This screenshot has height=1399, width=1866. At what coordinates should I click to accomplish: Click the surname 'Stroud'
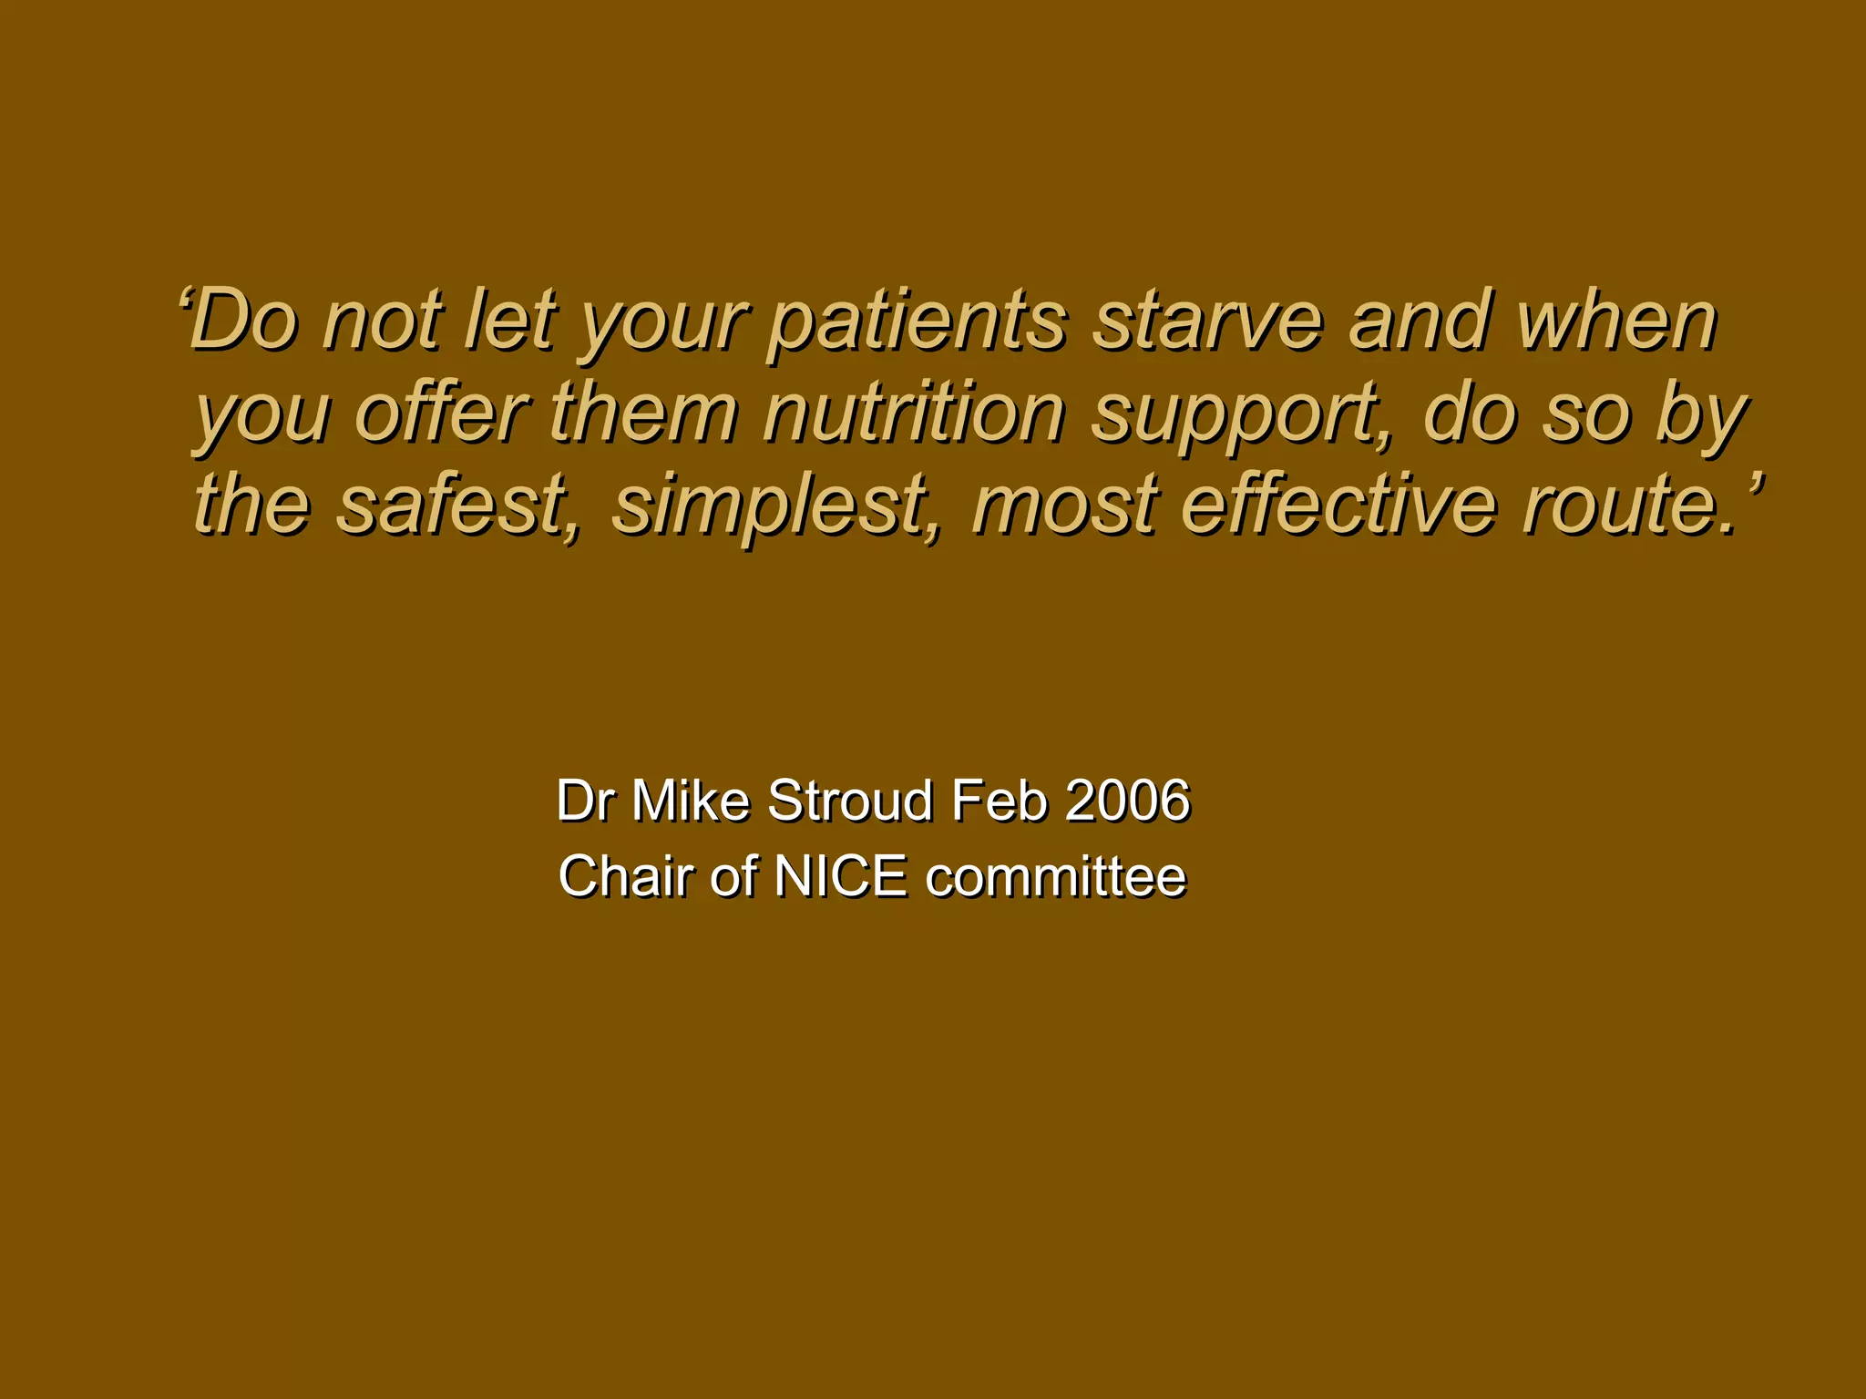tap(850, 801)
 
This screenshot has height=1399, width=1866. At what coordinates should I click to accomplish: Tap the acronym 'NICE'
tap(840, 876)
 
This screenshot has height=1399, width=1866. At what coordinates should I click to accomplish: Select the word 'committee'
tap(1056, 876)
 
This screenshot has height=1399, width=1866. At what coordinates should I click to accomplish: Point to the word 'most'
tap(1064, 505)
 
